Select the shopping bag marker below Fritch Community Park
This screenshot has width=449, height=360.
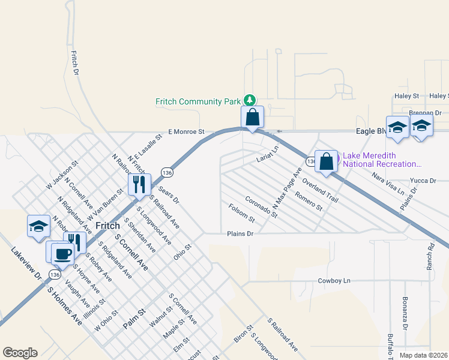tap(253, 118)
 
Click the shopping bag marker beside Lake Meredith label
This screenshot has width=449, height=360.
tap(326, 161)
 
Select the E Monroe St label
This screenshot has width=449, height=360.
tap(187, 131)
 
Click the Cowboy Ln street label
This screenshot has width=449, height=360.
tap(334, 280)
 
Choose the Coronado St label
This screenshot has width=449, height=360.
tap(262, 206)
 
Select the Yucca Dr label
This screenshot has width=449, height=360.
tap(423, 180)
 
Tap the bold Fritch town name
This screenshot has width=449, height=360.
tap(108, 226)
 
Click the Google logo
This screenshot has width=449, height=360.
tap(20, 353)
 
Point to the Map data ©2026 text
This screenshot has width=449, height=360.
tap(423, 355)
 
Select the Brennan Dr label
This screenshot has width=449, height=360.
tap(425, 113)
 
